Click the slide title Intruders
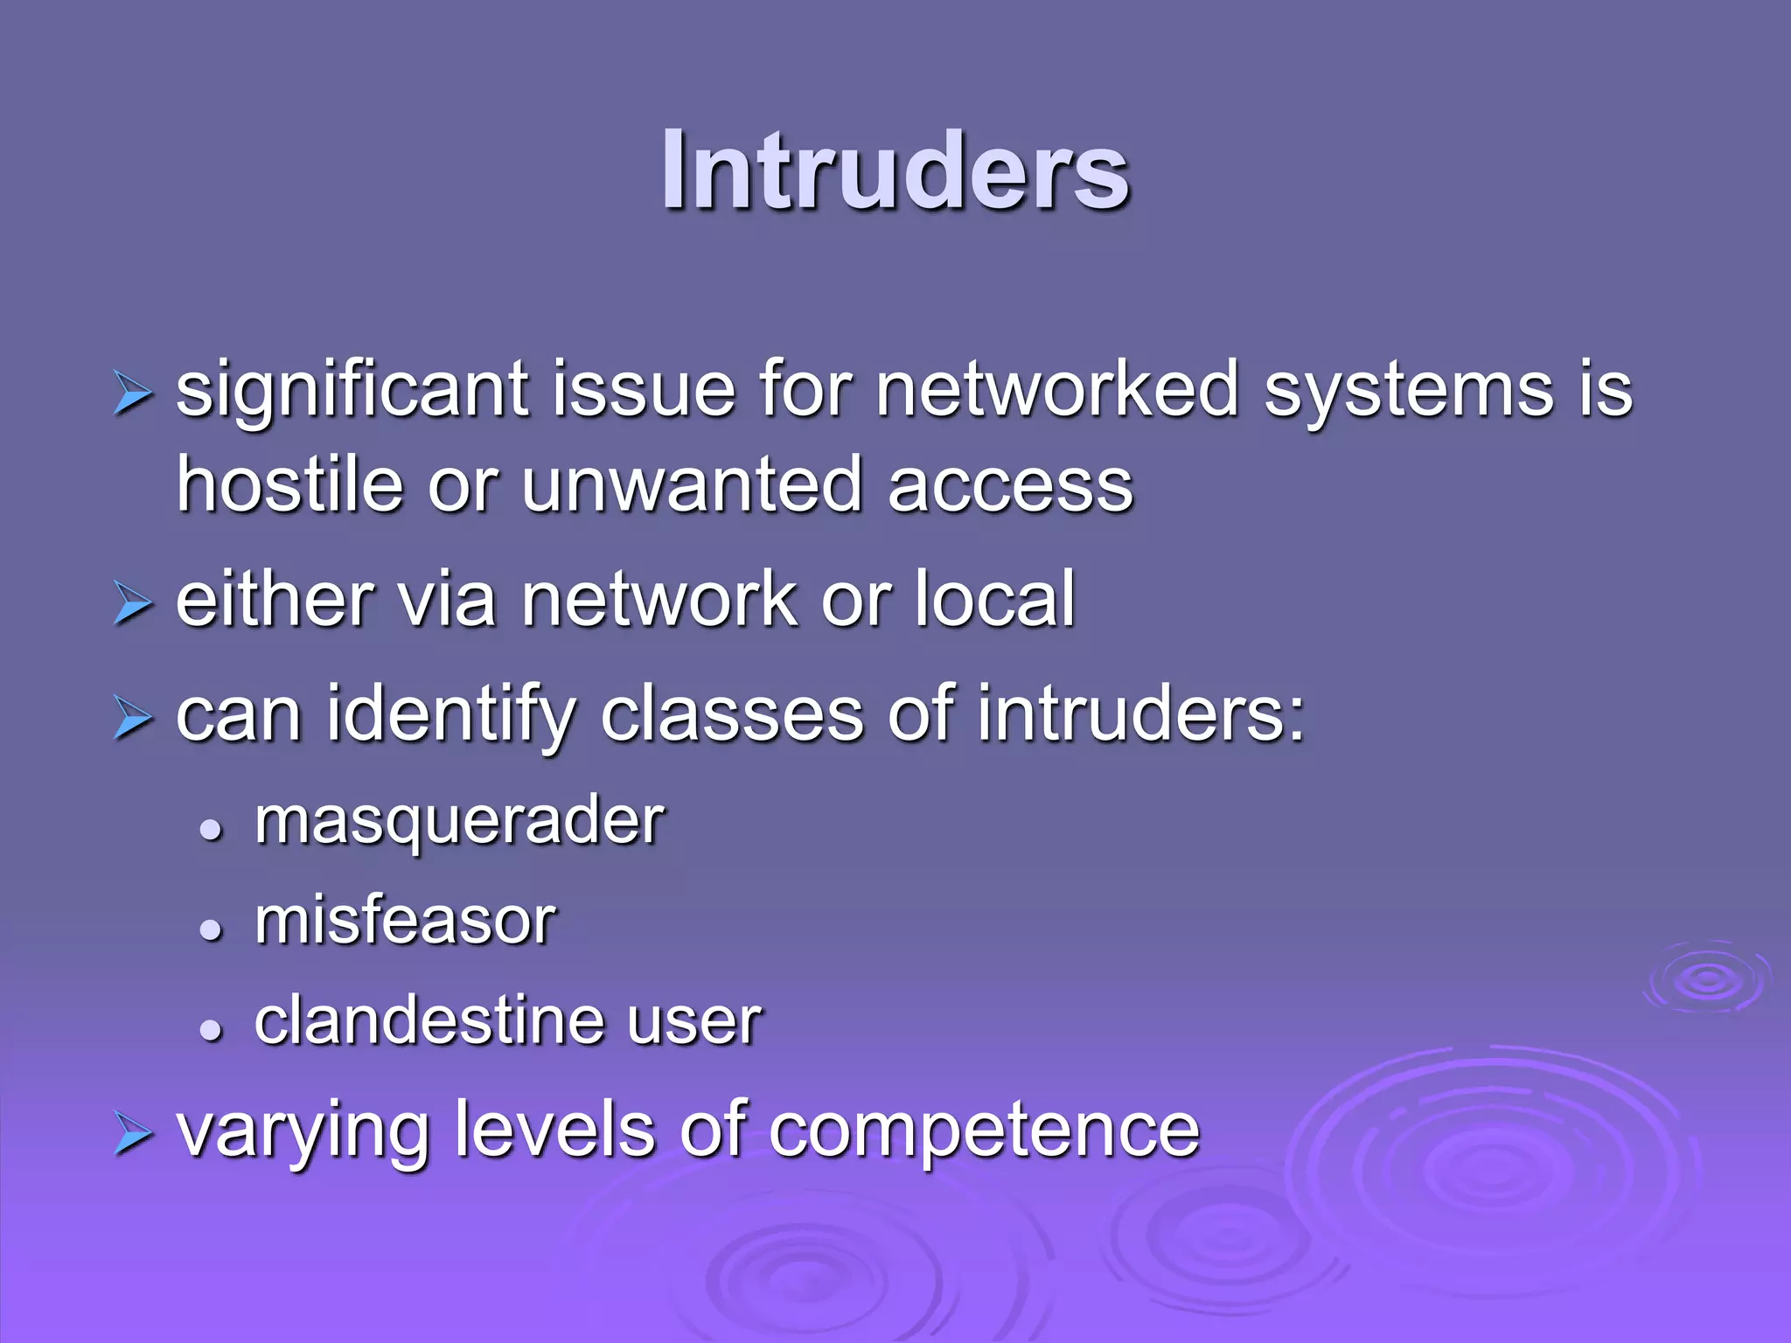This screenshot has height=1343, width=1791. point(895,170)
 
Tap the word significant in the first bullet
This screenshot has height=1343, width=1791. point(352,391)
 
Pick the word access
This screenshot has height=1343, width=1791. point(1010,487)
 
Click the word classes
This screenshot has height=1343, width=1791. point(732,714)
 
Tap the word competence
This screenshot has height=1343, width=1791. point(984,1130)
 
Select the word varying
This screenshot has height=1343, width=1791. point(302,1131)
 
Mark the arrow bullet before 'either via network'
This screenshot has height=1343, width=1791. point(133,604)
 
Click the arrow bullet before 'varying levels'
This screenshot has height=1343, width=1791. point(133,1135)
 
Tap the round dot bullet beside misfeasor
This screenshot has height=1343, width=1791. point(211,930)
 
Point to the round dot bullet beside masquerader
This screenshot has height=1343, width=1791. point(211,831)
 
